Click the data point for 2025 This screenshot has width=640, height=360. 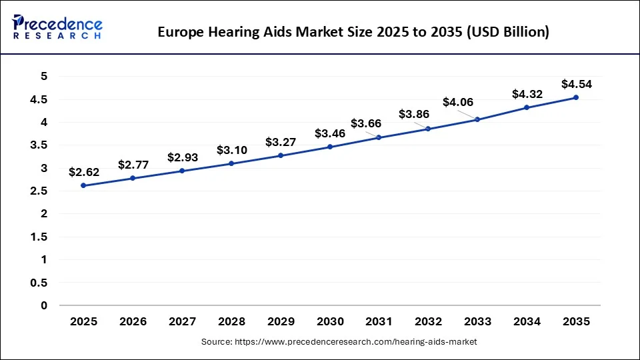click(x=83, y=185)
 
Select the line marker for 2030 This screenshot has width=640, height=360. click(x=330, y=147)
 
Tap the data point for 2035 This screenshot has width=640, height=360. click(x=576, y=97)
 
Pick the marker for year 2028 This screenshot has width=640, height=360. click(x=231, y=163)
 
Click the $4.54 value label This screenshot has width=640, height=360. click(x=576, y=84)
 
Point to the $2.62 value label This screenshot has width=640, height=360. click(x=83, y=172)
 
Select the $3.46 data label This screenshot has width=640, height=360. click(x=330, y=133)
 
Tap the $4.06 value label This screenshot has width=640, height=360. click(x=458, y=102)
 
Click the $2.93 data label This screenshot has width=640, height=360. click(x=182, y=157)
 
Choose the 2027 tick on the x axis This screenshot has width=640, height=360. click(x=182, y=321)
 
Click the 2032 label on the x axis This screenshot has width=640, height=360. click(x=428, y=321)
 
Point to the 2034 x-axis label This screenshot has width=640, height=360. click(x=527, y=321)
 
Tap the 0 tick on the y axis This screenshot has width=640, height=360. click(x=44, y=305)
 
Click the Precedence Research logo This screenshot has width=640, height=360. click(x=57, y=27)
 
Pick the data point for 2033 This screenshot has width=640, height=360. click(x=477, y=119)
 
